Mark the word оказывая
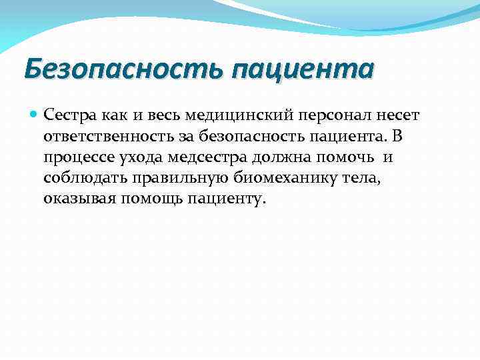point(79,199)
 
